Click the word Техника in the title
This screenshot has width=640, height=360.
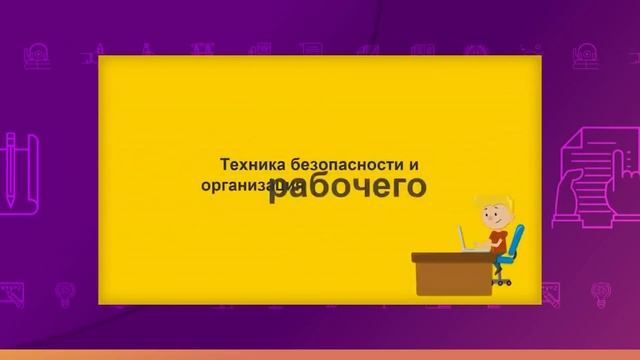click(249, 163)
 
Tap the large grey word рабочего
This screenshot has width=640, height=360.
click(347, 186)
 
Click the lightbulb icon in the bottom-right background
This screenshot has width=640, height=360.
click(601, 293)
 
